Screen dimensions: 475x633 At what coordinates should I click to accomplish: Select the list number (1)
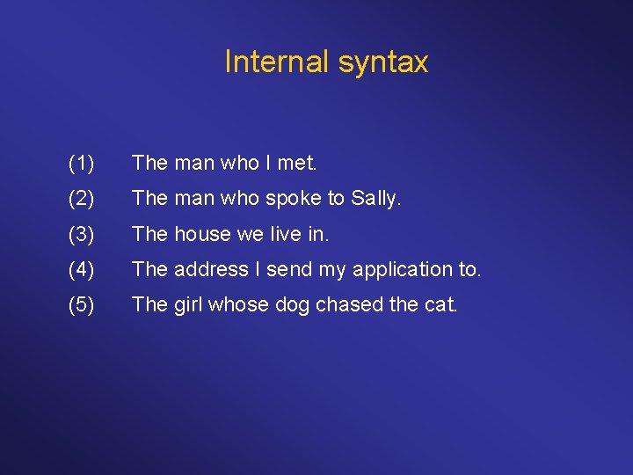pyautogui.click(x=81, y=163)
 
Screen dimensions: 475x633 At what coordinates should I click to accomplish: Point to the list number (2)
pyautogui.click(x=81, y=199)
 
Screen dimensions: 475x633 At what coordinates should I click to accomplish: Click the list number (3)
pyautogui.click(x=81, y=234)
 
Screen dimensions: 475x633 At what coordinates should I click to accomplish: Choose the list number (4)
pyautogui.click(x=81, y=269)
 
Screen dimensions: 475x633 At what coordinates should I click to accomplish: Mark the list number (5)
pyautogui.click(x=81, y=304)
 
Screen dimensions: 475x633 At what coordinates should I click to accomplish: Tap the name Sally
pyautogui.click(x=375, y=199)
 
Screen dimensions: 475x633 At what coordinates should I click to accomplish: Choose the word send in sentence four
pyautogui.click(x=289, y=269)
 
